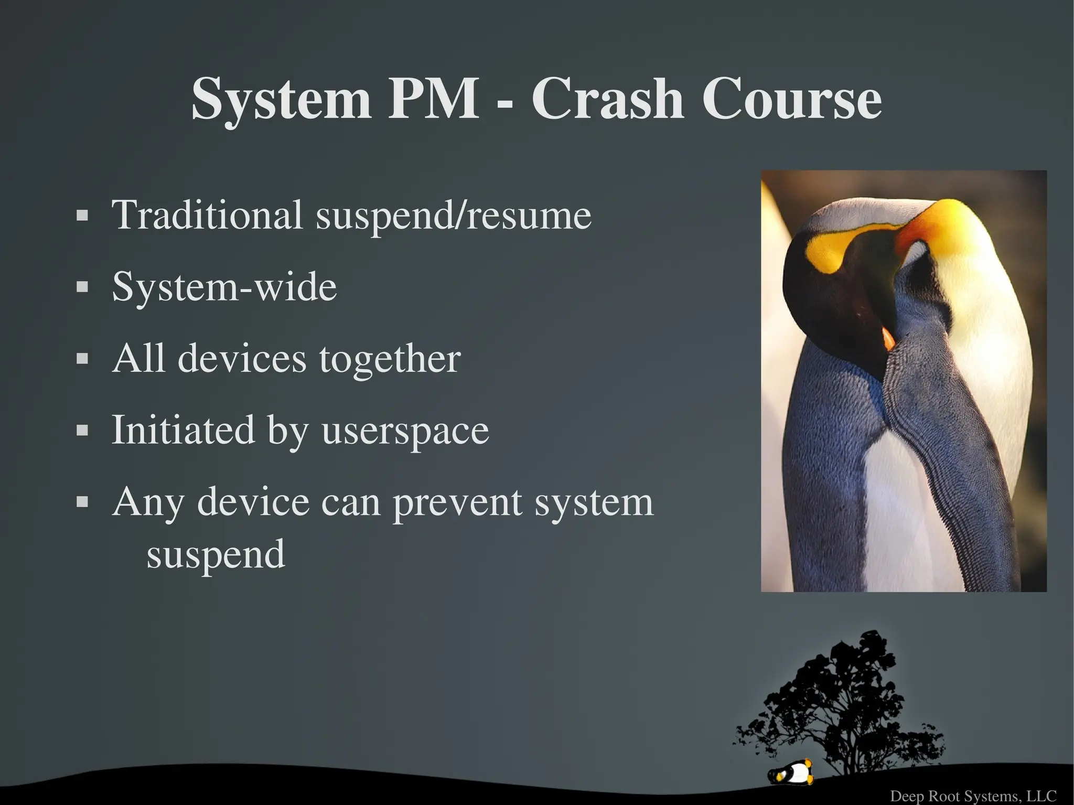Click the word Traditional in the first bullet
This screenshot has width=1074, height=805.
click(207, 214)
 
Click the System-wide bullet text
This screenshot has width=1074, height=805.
click(224, 287)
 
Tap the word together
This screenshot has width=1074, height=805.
click(390, 360)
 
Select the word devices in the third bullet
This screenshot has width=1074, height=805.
click(242, 359)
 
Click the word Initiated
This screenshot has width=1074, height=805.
click(183, 430)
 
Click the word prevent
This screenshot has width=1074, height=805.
click(458, 502)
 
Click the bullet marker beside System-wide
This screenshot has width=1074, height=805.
click(82, 287)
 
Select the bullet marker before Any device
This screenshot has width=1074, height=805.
click(82, 502)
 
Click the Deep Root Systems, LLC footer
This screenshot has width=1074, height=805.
click(973, 796)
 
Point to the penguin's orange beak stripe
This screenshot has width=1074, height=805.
click(888, 339)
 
